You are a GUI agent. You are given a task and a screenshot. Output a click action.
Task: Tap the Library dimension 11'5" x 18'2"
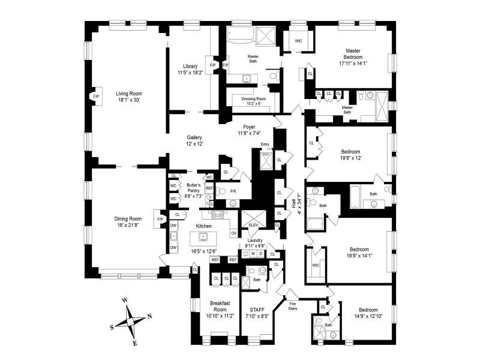pyautogui.click(x=190, y=73)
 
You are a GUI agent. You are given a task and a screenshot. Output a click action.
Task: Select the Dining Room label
pyautogui.click(x=128, y=218)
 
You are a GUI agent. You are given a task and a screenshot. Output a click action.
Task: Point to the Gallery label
pyautogui.click(x=194, y=137)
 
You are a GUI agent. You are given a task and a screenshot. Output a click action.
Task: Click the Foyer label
pyautogui.click(x=250, y=127)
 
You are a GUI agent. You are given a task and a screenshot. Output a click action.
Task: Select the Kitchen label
pyautogui.click(x=205, y=226)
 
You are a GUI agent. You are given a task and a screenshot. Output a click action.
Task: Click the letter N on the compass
pyautogui.click(x=149, y=316)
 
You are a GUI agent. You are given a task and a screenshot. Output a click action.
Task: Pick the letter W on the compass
pyautogui.click(x=125, y=299)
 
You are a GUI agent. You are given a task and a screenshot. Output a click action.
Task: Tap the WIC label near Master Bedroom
pyautogui.click(x=298, y=41)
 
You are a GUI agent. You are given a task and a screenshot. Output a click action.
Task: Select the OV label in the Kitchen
pyautogui.click(x=233, y=233)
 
